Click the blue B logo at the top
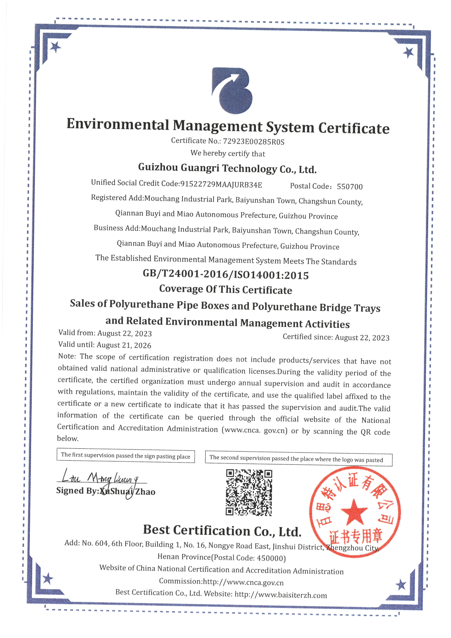pyautogui.click(x=232, y=91)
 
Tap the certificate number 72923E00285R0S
pyautogui.click(x=253, y=141)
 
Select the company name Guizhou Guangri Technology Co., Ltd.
pyautogui.click(x=227, y=168)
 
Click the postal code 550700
pyautogui.click(x=350, y=187)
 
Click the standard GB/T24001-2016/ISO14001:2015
pyautogui.click(x=225, y=275)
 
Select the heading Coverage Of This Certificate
pyautogui.click(x=225, y=290)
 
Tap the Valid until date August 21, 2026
pyautogui.click(x=124, y=345)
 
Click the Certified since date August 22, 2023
pyautogui.click(x=362, y=338)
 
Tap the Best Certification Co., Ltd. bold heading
pyautogui.click(x=222, y=531)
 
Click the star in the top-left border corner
pyautogui.click(x=55, y=47)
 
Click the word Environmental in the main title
pyautogui.click(x=118, y=124)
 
